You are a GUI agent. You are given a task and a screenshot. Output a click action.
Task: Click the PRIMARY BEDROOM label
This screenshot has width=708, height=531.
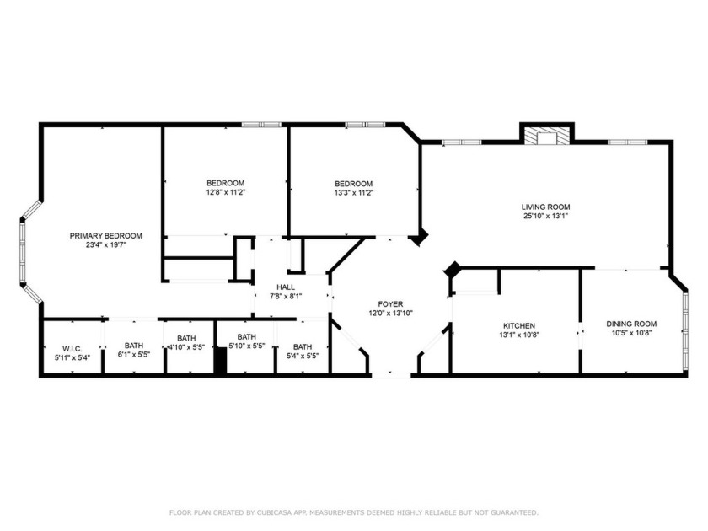point(105,236)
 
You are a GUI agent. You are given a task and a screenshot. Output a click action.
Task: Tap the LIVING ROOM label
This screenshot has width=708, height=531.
point(545,206)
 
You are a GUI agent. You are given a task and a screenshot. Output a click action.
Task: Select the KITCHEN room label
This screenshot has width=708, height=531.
point(519,326)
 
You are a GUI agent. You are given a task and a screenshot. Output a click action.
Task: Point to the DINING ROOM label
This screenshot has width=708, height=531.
point(631,324)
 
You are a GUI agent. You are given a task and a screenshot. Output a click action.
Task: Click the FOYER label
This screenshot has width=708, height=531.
point(389,303)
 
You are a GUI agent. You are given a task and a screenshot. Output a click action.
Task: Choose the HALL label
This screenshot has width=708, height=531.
point(286,287)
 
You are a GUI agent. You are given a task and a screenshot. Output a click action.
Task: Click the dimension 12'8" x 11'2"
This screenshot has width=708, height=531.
point(225,192)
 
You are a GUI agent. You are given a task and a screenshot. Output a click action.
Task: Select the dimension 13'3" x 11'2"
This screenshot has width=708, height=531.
point(353,192)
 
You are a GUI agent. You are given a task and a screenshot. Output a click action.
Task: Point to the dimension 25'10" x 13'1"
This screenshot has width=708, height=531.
point(545,216)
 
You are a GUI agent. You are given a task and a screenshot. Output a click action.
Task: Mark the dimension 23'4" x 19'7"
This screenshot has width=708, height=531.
point(105,245)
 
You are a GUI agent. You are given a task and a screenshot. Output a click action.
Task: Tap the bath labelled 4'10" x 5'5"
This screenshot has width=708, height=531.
point(186,346)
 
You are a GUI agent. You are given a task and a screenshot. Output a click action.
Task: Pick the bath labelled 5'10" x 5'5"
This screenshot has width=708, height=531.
point(246,346)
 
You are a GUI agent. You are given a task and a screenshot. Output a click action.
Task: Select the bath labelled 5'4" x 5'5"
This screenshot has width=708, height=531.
point(302,355)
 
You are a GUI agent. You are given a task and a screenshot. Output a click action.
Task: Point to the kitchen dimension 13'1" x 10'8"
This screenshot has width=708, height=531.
point(519,335)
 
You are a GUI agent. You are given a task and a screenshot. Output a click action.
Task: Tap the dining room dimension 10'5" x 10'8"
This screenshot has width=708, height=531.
point(631,333)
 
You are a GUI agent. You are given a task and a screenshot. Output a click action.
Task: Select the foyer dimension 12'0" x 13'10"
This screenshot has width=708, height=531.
point(389,313)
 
